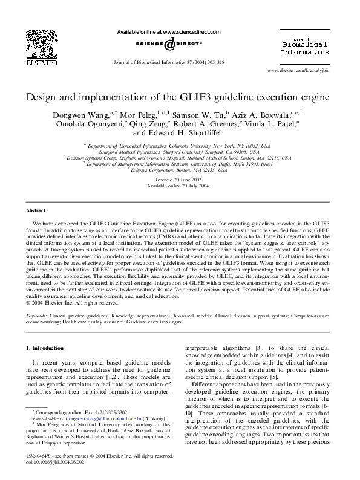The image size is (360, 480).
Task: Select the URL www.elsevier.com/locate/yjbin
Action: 299,70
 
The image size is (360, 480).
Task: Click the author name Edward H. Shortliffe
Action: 176,134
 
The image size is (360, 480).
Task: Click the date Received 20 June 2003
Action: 179,180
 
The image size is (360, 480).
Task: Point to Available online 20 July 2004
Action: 179,186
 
